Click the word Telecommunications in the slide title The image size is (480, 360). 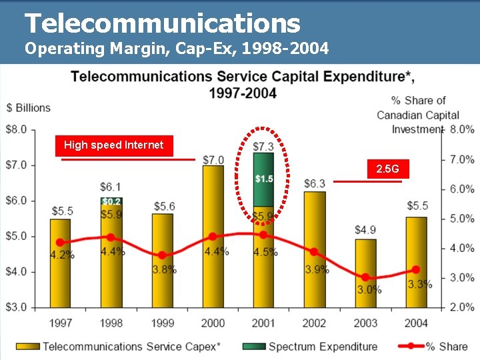point(162,24)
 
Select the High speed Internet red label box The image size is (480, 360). point(113,145)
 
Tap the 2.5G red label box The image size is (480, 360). point(387,169)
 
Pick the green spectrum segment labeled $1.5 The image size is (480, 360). point(264,179)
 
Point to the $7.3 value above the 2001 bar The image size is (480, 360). point(264,146)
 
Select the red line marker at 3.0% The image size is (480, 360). point(365,277)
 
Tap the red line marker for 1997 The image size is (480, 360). point(61,243)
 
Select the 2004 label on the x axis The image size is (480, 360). point(416,323)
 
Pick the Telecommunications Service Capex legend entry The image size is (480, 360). point(119,347)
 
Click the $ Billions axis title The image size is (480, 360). point(29,108)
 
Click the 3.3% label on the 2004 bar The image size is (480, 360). point(420,285)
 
